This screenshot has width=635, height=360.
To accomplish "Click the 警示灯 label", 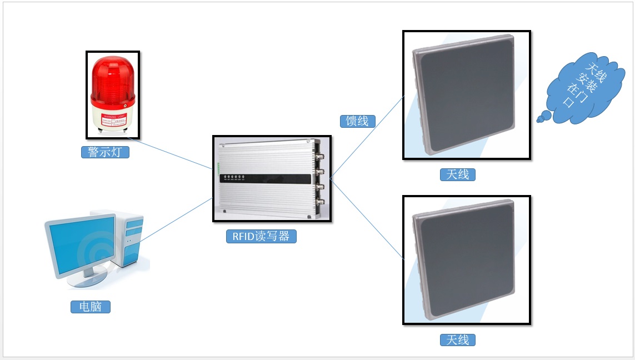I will point(105,152).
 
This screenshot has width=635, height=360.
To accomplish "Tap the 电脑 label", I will point(90,306).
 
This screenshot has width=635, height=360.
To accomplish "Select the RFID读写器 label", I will point(261,236).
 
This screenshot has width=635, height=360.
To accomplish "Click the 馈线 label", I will point(357,121).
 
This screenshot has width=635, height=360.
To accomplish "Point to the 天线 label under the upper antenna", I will point(458,174).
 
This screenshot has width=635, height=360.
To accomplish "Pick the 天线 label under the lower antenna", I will point(458,339).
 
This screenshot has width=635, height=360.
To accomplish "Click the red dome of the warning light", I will point(113,81).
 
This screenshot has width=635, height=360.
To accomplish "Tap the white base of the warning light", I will point(112,119).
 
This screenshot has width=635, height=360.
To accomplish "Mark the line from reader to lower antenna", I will point(367,219).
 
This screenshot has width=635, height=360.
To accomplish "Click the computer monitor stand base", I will point(86,278).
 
